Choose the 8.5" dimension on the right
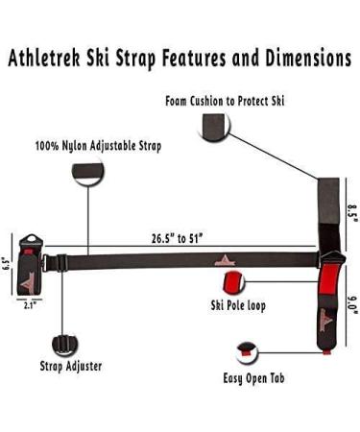pyautogui.click(x=352, y=210)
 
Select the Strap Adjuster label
pyautogui.click(x=71, y=366)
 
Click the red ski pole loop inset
pyautogui.click(x=232, y=282)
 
